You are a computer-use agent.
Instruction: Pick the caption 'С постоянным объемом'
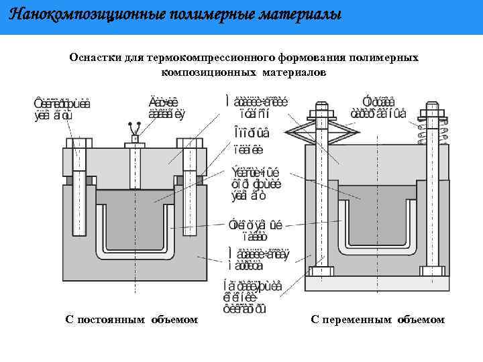[131, 319]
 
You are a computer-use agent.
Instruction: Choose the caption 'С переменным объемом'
[378, 319]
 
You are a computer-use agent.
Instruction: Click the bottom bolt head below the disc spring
[322, 271]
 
